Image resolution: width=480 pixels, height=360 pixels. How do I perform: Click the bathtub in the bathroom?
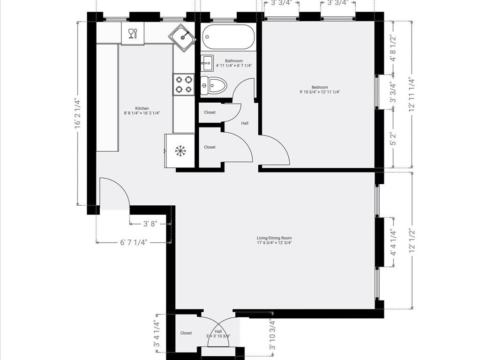pos(229,37)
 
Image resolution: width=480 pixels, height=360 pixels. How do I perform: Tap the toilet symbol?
pos(215,85)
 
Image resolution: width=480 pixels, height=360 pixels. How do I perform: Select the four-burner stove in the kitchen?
pos(183,84)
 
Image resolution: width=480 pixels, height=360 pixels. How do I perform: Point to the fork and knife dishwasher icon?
pos(133,33)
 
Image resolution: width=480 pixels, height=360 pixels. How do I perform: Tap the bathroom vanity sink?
pos(207,62)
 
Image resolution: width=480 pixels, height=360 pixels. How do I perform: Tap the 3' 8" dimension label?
pos(150,224)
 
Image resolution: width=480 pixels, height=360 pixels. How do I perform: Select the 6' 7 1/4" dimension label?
pos(134,242)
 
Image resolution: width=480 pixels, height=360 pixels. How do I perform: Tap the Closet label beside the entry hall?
pos(186,333)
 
